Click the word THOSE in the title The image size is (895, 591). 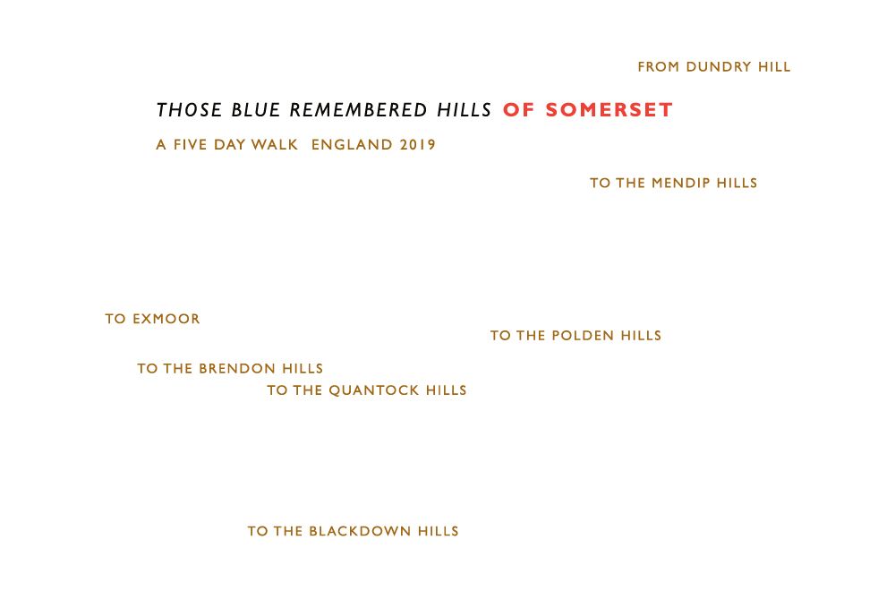[189, 109]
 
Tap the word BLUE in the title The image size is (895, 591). [256, 109]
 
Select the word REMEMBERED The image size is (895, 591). [359, 109]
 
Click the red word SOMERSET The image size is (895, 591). [609, 109]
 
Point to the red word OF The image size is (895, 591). [519, 109]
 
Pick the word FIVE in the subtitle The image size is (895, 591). [190, 144]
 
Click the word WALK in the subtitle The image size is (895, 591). [275, 144]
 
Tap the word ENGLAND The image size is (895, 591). [352, 144]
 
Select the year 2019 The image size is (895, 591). [418, 144]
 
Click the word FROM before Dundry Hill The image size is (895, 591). [659, 67]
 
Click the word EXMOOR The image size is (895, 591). [166, 319]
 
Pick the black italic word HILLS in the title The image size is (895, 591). [464, 109]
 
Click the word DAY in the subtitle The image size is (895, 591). [229, 144]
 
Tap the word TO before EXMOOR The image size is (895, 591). [115, 319]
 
